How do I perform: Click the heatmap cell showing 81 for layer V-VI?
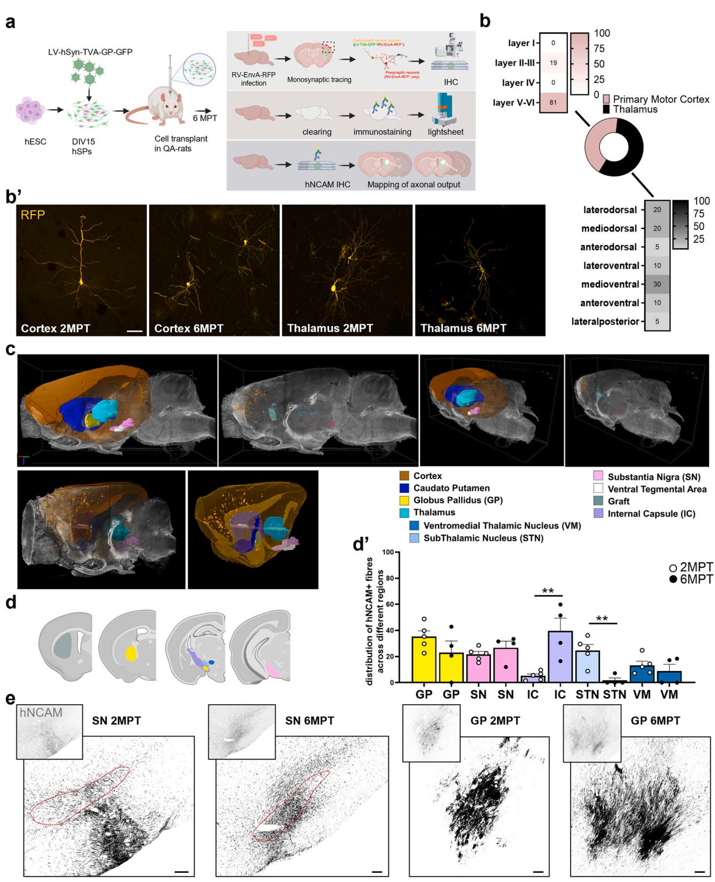pos(553,103)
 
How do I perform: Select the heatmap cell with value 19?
pos(553,63)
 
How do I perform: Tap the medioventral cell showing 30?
pos(657,284)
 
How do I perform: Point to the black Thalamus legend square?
pos(606,109)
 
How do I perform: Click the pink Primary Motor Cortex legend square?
pos(606,100)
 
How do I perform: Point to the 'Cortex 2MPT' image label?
pos(55,329)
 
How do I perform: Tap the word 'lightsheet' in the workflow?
pos(445,132)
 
